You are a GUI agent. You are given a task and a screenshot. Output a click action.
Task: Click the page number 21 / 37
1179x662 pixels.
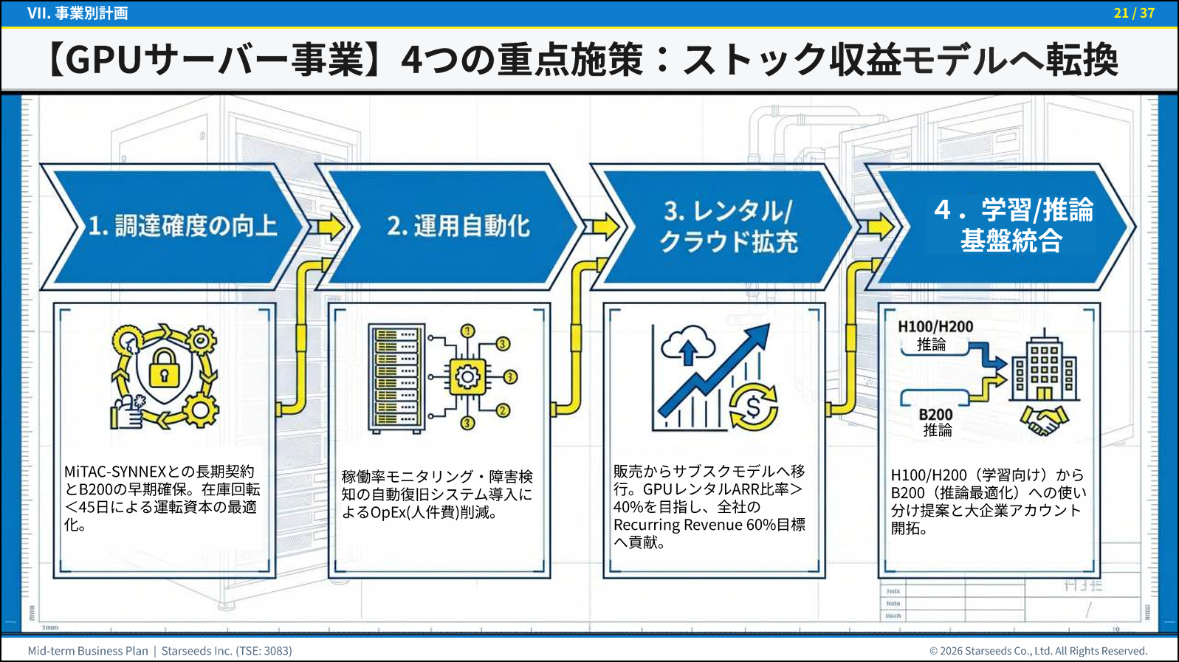click(1134, 13)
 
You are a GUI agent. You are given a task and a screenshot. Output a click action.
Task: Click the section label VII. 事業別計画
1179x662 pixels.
click(78, 13)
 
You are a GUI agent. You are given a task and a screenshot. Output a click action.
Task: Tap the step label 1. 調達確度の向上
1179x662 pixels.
click(182, 227)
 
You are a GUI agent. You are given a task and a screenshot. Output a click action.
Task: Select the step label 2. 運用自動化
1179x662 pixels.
click(458, 227)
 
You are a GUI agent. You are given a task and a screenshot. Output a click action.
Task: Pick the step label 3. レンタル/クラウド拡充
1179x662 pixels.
click(729, 227)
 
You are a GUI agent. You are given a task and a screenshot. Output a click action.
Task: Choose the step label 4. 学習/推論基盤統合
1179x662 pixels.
click(1013, 224)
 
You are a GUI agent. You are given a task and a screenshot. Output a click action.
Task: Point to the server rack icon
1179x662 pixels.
click(397, 379)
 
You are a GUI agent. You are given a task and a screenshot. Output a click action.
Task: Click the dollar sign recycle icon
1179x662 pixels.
click(753, 407)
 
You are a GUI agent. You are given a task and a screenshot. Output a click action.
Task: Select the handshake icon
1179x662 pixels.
click(1044, 420)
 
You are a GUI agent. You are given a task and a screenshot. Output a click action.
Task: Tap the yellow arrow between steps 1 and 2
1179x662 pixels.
click(331, 227)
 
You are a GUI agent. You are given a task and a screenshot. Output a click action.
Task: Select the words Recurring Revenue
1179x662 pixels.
click(678, 525)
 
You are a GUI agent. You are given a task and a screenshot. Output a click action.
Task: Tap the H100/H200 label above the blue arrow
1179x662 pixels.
click(935, 327)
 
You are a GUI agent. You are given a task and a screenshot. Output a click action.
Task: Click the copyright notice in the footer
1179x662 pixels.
click(1038, 651)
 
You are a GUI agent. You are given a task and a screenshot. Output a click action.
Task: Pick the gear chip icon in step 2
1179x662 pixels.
click(467, 377)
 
